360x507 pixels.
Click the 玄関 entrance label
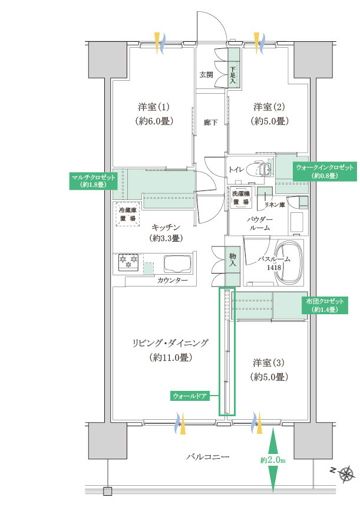click(x=206, y=75)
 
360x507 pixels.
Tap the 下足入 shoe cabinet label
click(x=233, y=75)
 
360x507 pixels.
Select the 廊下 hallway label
click(x=210, y=123)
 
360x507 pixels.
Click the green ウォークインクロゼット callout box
click(x=325, y=172)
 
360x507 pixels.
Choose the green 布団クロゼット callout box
click(x=325, y=305)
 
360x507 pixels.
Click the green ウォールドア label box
click(x=190, y=396)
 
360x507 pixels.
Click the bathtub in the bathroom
click(x=289, y=263)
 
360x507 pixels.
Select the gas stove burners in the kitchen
click(x=128, y=262)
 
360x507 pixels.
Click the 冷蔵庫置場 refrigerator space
click(x=128, y=214)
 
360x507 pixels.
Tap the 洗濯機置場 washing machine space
click(x=241, y=197)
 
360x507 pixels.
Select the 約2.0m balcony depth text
click(x=273, y=460)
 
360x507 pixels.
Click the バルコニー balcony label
click(x=207, y=457)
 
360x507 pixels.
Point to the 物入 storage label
click(x=233, y=260)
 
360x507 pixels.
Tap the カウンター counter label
click(x=172, y=281)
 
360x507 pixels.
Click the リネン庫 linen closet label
click(x=275, y=205)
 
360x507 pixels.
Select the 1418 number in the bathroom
click(x=274, y=268)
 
